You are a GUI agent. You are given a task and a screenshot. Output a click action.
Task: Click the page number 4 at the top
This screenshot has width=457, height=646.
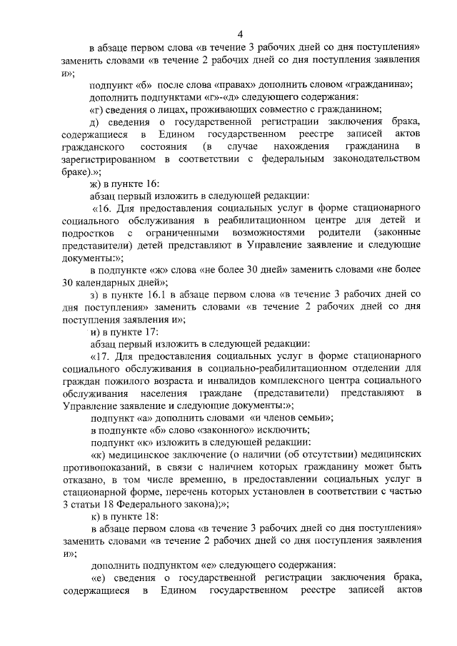coord(240,34)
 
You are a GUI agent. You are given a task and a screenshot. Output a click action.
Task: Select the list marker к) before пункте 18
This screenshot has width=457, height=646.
coord(95,518)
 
